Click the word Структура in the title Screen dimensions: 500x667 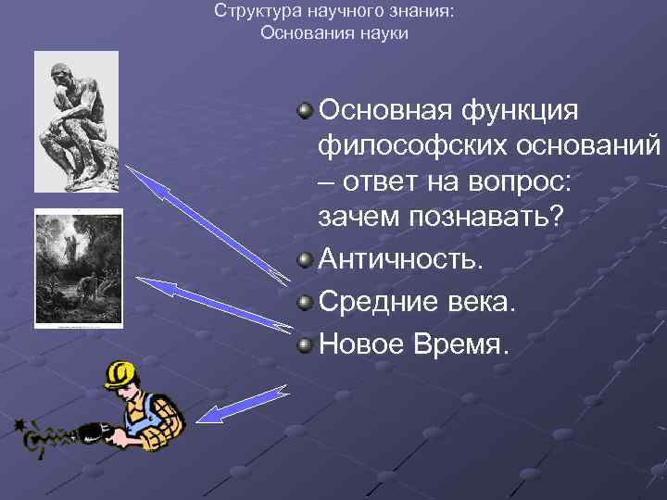tap(250, 12)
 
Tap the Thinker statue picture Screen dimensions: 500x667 tap(76, 120)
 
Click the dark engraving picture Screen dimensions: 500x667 tap(78, 269)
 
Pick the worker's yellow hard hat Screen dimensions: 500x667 tap(120, 374)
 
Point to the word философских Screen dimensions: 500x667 tap(405, 146)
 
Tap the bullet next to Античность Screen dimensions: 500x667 tap(305, 259)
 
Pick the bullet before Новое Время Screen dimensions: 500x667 tap(305, 345)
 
